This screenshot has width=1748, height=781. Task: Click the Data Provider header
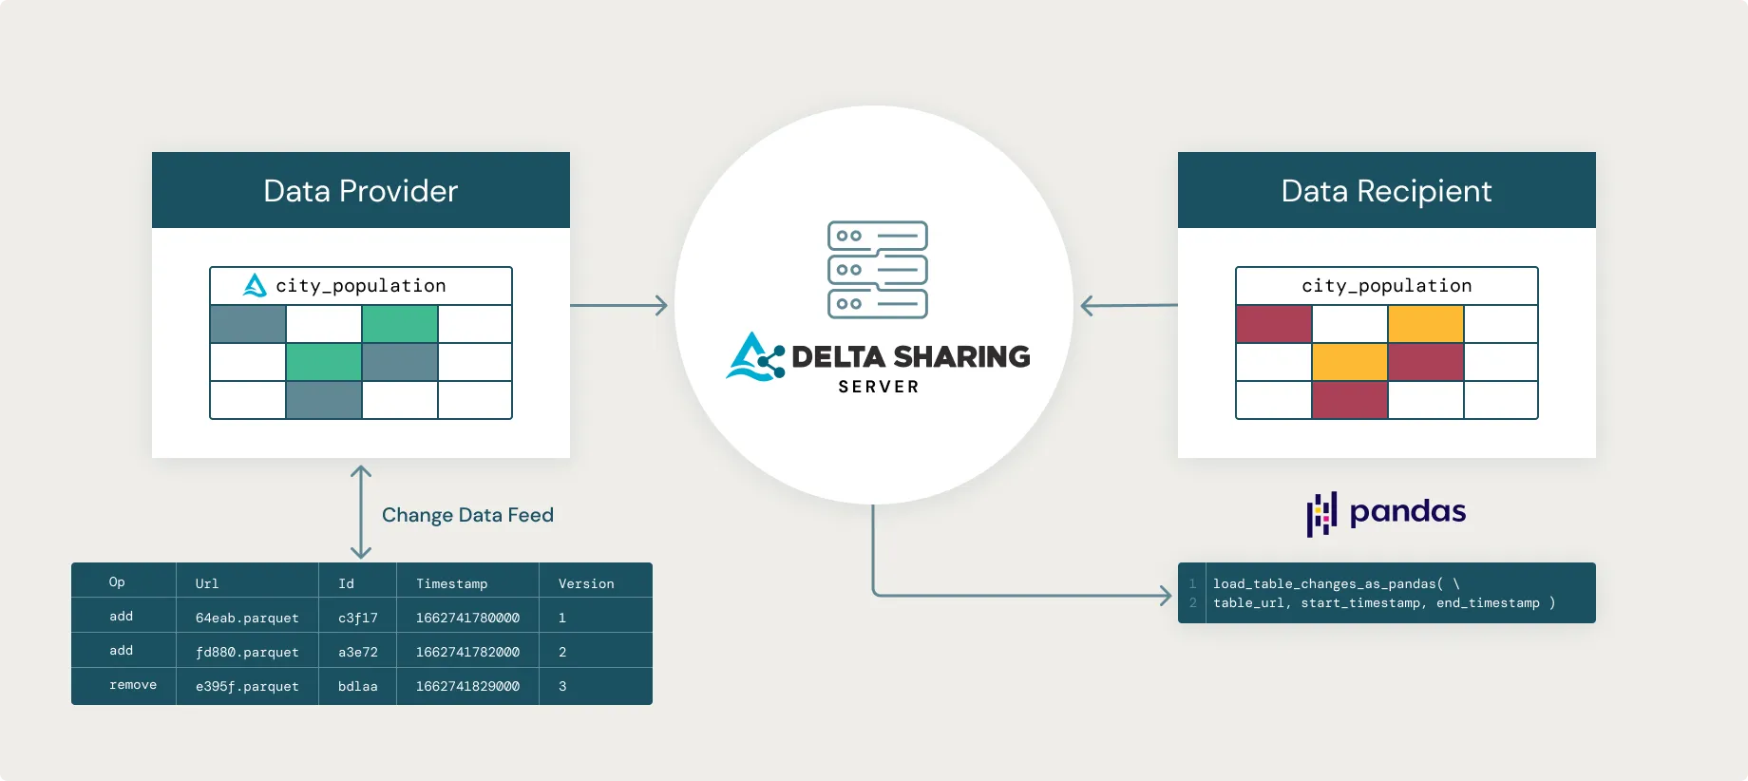361,191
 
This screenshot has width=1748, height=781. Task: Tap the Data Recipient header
1386,191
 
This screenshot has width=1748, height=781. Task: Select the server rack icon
877,270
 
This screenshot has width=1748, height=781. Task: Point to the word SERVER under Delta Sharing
878,387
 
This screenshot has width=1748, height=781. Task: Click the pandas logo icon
1321,514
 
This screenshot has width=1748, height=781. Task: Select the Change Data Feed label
467,515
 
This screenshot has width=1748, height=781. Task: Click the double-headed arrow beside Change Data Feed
361,512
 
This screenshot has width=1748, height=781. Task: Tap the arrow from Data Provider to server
618,305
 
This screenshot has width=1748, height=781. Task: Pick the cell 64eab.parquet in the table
247,618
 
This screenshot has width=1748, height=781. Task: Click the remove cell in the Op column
133,685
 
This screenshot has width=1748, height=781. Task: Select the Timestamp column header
451,583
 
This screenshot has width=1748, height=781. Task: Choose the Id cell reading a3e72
358,652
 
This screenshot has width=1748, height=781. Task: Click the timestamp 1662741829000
467,686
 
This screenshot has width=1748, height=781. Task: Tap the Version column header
586,583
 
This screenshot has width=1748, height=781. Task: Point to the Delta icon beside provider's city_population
255,285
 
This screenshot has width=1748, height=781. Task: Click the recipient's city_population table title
1386,286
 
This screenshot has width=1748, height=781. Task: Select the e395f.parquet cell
247,686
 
